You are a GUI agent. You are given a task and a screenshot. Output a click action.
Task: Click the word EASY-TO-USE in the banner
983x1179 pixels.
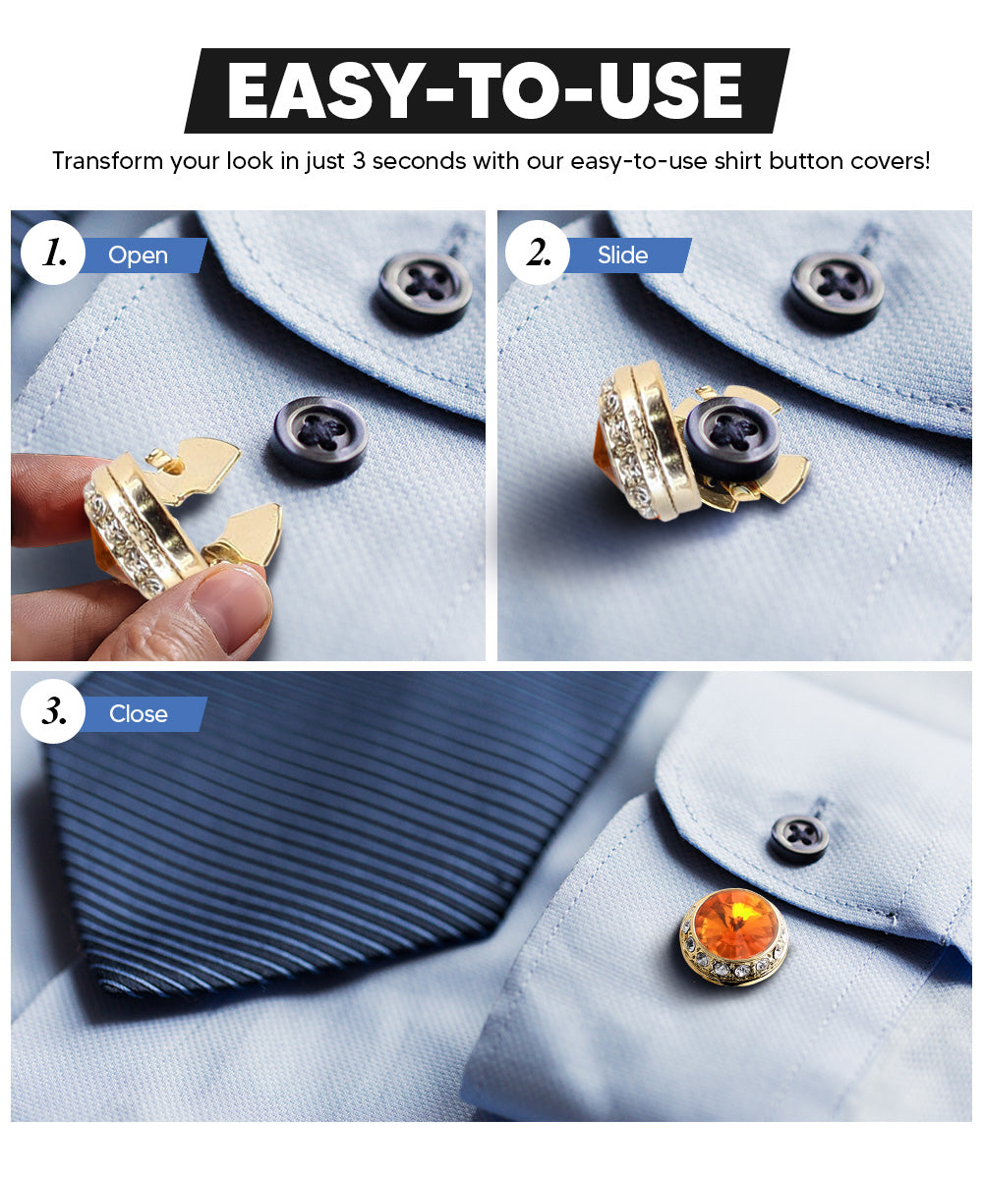coord(485,92)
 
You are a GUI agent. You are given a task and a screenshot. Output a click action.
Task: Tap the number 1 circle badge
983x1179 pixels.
coord(53,253)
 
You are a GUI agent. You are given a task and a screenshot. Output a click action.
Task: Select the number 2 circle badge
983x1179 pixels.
coord(538,253)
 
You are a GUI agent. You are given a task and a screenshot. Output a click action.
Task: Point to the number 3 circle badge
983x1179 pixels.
coord(53,712)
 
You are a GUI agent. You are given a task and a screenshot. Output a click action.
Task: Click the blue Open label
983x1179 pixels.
coord(139,255)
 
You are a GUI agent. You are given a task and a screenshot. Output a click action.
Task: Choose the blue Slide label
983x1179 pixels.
coord(623,255)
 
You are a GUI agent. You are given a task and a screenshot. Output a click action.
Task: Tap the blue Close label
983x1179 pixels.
coord(139,714)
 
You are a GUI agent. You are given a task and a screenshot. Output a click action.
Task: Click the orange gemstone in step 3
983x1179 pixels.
coord(732,924)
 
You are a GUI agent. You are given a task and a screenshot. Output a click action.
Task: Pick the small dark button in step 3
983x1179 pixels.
coord(799,839)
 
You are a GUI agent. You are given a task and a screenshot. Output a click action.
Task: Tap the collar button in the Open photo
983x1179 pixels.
coord(425,289)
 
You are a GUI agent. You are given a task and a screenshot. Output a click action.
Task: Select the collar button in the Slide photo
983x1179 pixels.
coord(838,289)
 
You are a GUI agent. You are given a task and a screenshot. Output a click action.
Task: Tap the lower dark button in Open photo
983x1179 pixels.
coord(319,436)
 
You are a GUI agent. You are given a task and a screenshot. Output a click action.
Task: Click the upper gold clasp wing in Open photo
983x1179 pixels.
coord(202,458)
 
